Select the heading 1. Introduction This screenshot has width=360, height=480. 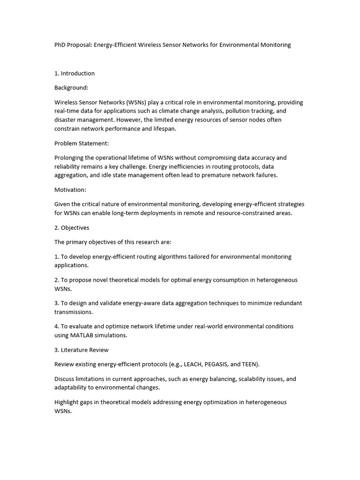pyautogui.click(x=75, y=73)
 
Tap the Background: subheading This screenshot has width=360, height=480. pyautogui.click(x=71, y=88)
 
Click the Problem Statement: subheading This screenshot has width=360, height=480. pyautogui.click(x=82, y=143)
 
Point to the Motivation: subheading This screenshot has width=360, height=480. pyautogui.click(x=70, y=190)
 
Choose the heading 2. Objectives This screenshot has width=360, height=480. pyautogui.click(x=72, y=228)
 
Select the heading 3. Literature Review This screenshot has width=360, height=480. pyautogui.click(x=82, y=350)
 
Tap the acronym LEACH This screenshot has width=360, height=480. pyautogui.click(x=195, y=364)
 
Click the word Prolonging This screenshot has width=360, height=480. pyautogui.click(x=70, y=158)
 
